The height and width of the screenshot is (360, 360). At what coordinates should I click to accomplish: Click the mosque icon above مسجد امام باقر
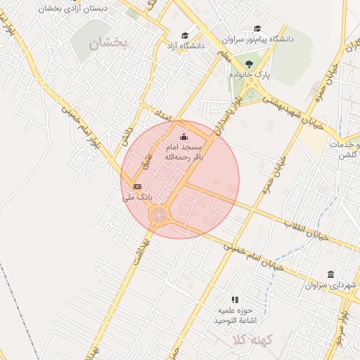(184, 136)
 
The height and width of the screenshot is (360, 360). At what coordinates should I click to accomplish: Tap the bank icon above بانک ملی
(137, 186)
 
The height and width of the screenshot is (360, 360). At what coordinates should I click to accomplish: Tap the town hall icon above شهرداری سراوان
(330, 274)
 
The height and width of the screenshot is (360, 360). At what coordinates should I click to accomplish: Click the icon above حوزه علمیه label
(235, 299)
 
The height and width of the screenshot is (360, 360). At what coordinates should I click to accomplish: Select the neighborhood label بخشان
(109, 43)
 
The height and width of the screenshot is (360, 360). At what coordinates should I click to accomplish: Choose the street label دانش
(127, 135)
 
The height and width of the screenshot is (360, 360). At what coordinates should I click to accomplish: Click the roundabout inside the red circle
(160, 214)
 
